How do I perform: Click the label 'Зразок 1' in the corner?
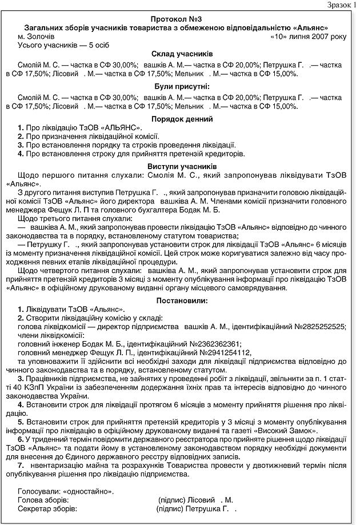coord(341,5)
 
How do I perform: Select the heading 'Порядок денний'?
coord(182,119)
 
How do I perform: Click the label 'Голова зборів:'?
coord(44,499)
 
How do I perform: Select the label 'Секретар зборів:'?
coord(47,508)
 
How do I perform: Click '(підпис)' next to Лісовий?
coord(171,499)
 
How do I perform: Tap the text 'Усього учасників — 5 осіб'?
coord(63,45)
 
